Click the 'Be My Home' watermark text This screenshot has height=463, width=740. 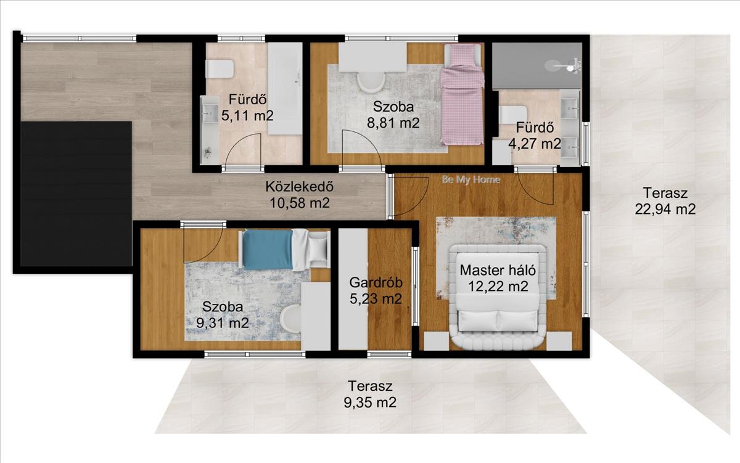click(x=471, y=180)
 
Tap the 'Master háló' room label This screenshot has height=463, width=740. click(x=498, y=270)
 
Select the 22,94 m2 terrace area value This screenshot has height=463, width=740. click(x=665, y=209)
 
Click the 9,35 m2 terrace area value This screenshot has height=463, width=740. click(x=370, y=403)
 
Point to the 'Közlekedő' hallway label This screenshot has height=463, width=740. click(x=300, y=187)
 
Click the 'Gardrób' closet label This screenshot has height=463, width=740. click(x=376, y=283)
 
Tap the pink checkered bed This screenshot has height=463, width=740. click(x=462, y=94)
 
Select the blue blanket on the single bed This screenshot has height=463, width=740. click(x=268, y=250)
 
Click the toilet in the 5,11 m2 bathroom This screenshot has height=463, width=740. click(x=220, y=69)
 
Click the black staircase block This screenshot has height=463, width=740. click(x=76, y=194)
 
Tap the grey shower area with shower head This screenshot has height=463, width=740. click(x=537, y=66)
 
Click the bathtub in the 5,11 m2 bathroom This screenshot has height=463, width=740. click(x=285, y=89)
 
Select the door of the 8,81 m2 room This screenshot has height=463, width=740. click(x=362, y=150)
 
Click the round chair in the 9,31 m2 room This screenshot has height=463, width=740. click(x=291, y=319)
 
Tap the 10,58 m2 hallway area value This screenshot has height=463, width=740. click(x=300, y=203)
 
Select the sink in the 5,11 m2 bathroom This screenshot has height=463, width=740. click(x=210, y=113)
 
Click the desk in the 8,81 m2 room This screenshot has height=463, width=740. click(x=373, y=57)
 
